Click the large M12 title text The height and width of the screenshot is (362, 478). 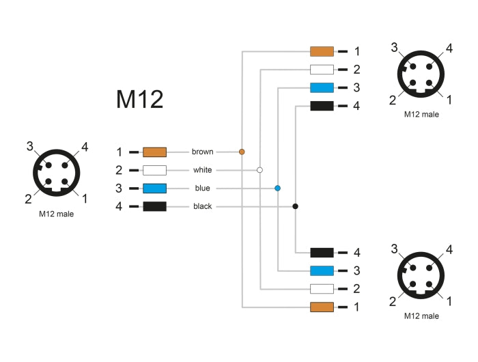(x=139, y=100)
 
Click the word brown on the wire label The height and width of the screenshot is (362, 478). (x=202, y=152)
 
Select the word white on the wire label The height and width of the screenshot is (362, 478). (x=202, y=169)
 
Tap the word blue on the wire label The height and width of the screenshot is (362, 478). (x=202, y=188)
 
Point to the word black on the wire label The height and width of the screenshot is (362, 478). (x=202, y=206)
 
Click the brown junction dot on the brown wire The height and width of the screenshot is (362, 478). (x=242, y=152)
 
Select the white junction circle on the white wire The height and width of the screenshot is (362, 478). (x=259, y=169)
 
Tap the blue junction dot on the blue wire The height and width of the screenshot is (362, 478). (x=277, y=188)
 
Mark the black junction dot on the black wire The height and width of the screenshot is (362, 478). (x=295, y=206)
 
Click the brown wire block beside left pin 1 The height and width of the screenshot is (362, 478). (x=154, y=152)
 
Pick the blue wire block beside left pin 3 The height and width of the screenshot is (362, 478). (x=154, y=188)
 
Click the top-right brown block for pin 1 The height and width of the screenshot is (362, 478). (x=322, y=51)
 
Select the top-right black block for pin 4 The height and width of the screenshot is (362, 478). (x=322, y=106)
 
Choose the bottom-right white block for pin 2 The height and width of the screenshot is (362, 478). (x=322, y=289)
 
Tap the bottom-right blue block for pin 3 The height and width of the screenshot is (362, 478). (x=322, y=270)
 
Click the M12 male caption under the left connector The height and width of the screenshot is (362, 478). (x=57, y=214)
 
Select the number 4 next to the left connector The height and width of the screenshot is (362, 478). (x=85, y=146)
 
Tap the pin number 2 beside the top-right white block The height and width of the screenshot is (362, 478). (x=356, y=70)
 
